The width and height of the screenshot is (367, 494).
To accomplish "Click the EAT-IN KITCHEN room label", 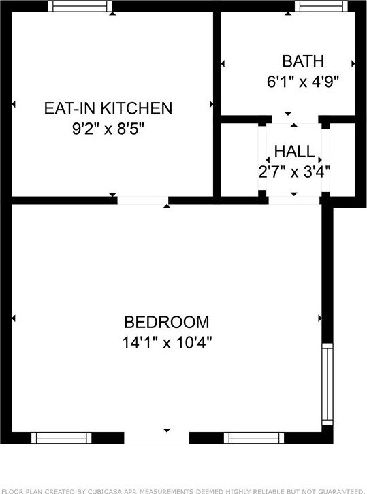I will [108, 108].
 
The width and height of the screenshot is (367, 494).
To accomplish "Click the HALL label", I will [294, 151].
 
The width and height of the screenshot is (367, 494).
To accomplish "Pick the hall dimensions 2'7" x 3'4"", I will [294, 171].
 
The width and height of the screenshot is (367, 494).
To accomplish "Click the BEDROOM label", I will [166, 322].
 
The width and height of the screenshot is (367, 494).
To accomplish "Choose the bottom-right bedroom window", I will [252, 438].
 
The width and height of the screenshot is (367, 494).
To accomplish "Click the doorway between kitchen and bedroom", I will [142, 200].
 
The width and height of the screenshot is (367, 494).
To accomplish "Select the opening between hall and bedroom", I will [294, 200].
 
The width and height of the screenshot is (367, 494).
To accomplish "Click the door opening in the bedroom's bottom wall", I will [157, 438].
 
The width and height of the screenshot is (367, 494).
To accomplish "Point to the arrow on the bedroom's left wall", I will [15, 318].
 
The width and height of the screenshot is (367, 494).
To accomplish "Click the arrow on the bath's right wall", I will [353, 64].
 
